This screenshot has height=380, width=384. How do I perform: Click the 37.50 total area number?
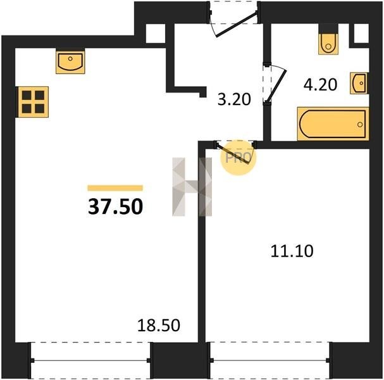pyautogui.click(x=115, y=206)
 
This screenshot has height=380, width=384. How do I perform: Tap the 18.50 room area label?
pyautogui.click(x=159, y=326)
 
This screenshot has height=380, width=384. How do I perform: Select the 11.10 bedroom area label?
pyautogui.click(x=292, y=251)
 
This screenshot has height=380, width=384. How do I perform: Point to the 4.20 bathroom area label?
pyautogui.click(x=320, y=85)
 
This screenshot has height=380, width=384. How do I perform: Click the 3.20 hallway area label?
pyautogui.click(x=234, y=99)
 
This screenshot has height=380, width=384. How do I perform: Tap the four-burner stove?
pyautogui.click(x=33, y=102)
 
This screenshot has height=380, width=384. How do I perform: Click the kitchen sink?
pyautogui.click(x=70, y=62)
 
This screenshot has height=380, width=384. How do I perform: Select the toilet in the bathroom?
pyautogui.click(x=328, y=44)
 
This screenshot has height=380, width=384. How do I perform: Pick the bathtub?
pyautogui.click(x=333, y=123)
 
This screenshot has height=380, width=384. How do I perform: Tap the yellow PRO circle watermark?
pyautogui.click(x=238, y=158)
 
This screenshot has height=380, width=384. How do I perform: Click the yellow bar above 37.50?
pyautogui.click(x=115, y=188)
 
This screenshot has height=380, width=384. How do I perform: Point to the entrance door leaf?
pyautogui.click(x=237, y=24)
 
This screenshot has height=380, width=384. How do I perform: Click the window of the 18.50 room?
pyautogui.click(x=90, y=360)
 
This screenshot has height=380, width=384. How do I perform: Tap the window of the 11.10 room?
pyautogui.click(x=270, y=360)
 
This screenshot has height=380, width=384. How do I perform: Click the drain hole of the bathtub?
pyautogui.click(x=360, y=125)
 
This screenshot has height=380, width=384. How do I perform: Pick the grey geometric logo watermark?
pyautogui.click(x=192, y=187)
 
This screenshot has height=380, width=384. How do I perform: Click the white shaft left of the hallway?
pyautogui.click(x=156, y=34)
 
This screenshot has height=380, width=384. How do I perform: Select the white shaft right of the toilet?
pyautogui.click(x=361, y=34)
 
